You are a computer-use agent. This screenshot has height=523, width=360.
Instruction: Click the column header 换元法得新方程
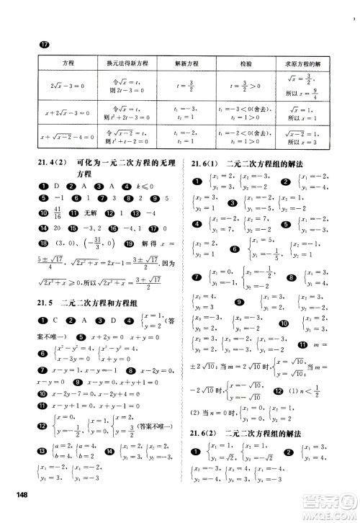point(130,63)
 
